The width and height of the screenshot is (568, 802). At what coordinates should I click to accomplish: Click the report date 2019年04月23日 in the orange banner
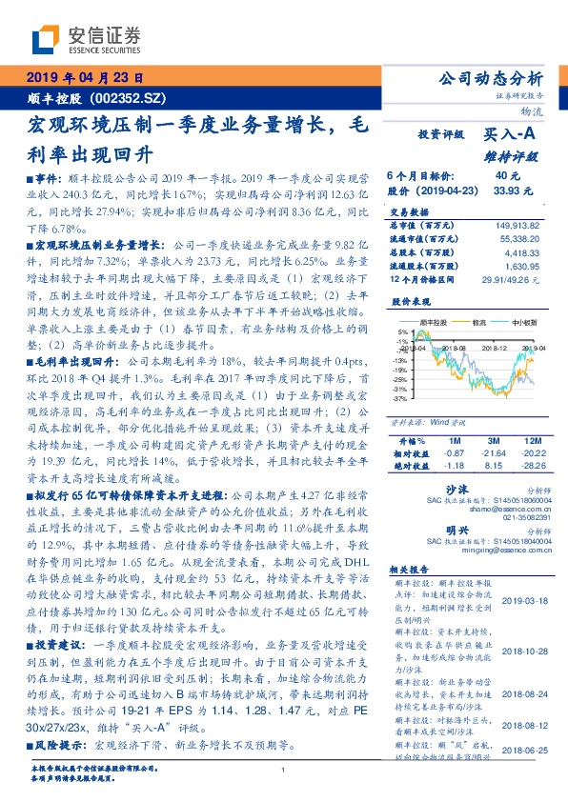[x=85, y=79]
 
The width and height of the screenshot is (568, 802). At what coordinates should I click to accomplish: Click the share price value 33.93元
[x=509, y=190]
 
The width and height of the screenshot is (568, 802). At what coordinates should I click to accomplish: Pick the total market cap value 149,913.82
[x=515, y=226]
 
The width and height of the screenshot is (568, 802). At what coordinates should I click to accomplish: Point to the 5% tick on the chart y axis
[x=404, y=332]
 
